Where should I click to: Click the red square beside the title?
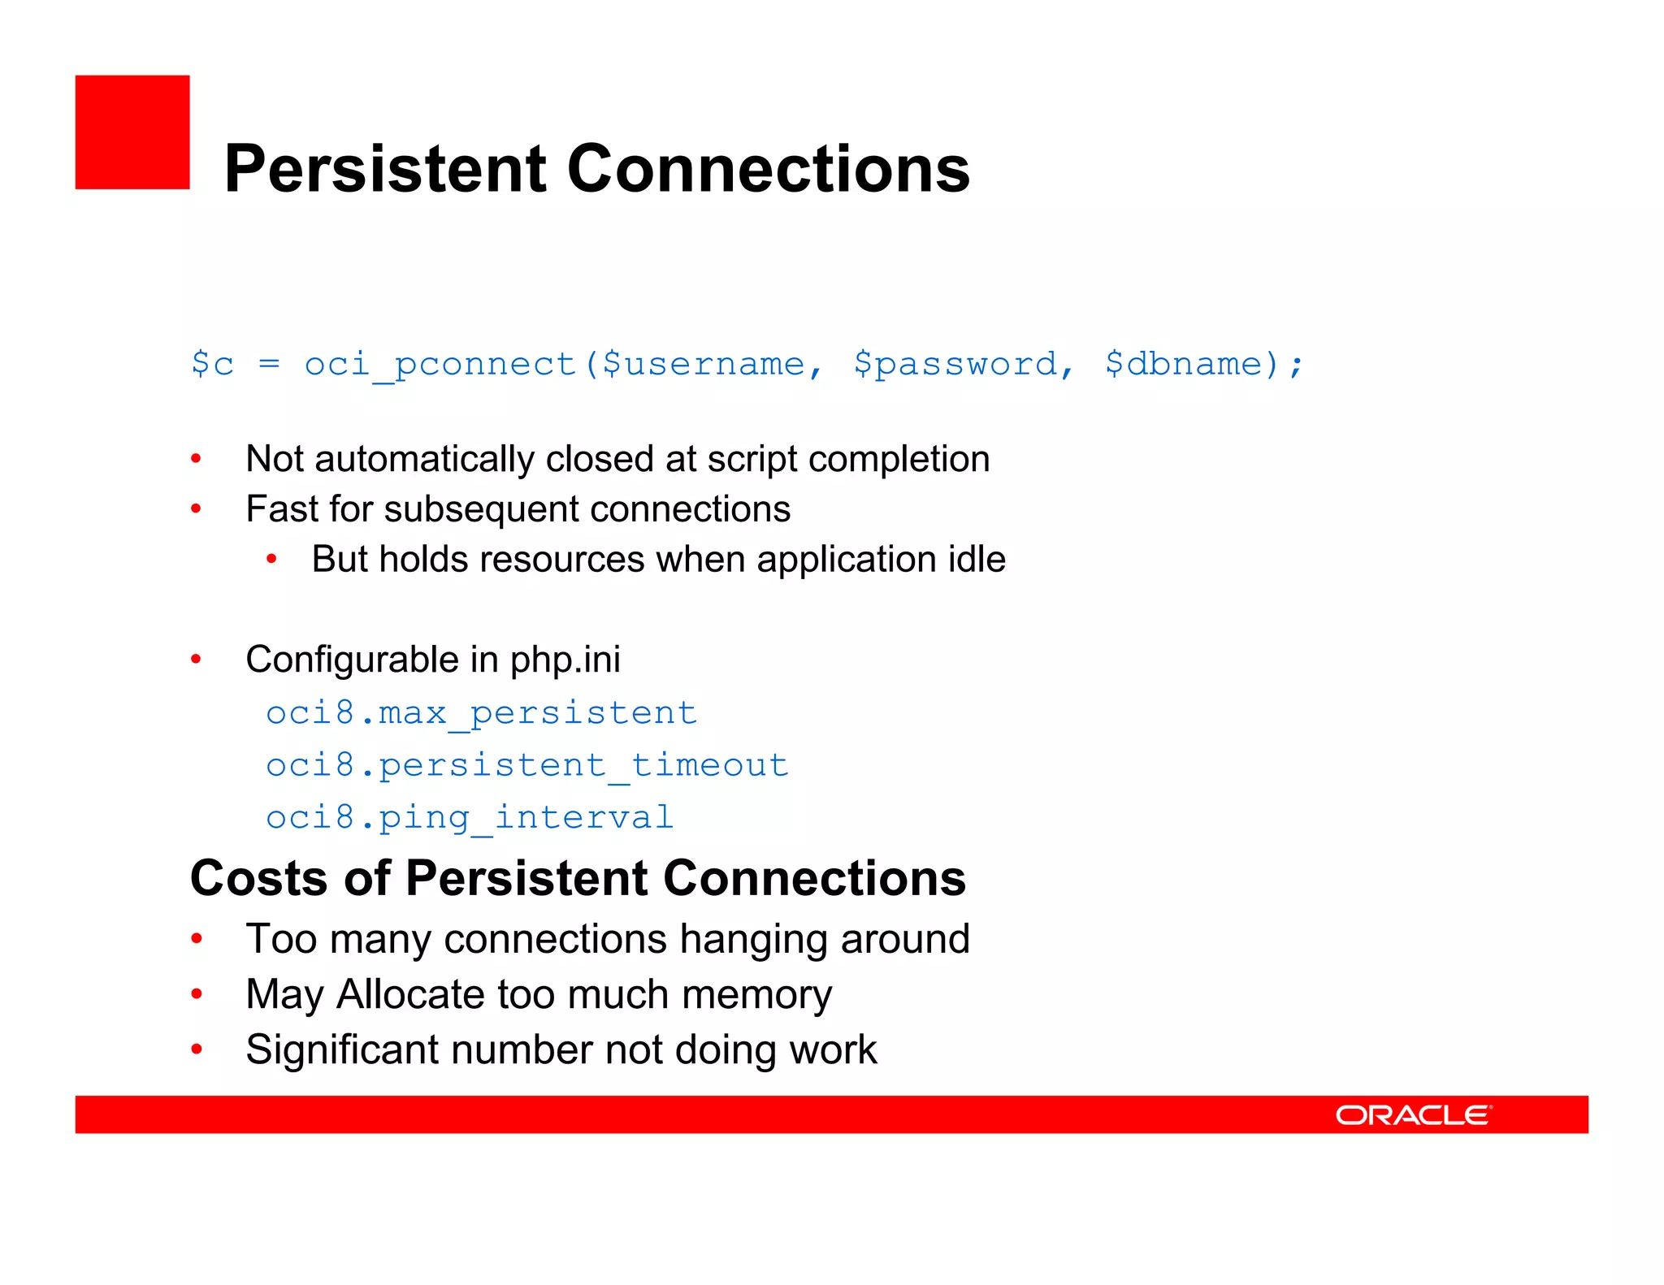132,132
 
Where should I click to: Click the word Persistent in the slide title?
385,169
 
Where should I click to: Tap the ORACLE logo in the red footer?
1413,1115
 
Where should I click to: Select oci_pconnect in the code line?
440,365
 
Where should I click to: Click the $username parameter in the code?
704,365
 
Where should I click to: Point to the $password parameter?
955,365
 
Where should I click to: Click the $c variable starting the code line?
212,364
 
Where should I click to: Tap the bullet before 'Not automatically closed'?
196,460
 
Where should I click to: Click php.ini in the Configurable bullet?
565,660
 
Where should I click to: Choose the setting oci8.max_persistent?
481,713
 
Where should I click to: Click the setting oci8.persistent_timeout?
527,765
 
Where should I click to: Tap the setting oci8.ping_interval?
470,817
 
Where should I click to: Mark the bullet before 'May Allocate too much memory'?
197,994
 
